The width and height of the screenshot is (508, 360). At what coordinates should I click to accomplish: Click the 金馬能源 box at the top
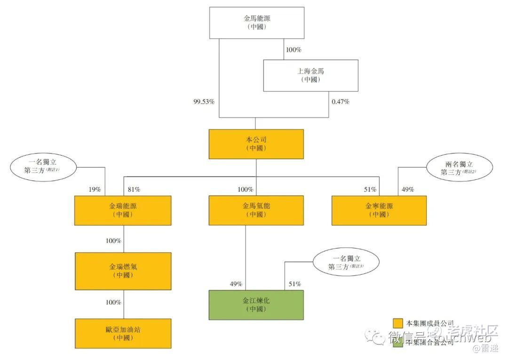tap(256, 23)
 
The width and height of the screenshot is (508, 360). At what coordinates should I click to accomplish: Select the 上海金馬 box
tap(310, 75)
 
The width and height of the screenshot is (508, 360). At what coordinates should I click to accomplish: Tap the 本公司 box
tap(256, 144)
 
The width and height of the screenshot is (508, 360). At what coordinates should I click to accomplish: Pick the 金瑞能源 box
tap(122, 210)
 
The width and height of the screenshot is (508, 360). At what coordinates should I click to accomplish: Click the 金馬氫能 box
tap(256, 210)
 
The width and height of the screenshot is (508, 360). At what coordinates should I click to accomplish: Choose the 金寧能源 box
tap(379, 210)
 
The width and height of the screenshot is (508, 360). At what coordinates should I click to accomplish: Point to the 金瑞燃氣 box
tap(122, 271)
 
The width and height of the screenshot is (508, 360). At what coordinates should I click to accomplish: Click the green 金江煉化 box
tap(256, 304)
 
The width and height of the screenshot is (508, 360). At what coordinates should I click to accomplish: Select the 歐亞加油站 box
tap(122, 333)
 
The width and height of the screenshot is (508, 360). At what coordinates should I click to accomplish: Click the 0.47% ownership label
tap(341, 102)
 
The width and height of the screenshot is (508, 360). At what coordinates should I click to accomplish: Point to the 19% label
tap(95, 189)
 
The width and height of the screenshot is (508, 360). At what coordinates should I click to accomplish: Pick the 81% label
tap(134, 189)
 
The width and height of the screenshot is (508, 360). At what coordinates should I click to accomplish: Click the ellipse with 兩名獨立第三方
tap(459, 168)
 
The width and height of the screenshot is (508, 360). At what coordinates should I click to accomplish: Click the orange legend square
tap(398, 323)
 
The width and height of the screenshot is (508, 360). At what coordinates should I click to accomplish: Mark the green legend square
tap(398, 342)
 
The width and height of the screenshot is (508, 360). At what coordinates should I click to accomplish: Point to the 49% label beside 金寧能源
tap(407, 189)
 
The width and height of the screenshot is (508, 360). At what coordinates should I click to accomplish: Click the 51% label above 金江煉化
tap(294, 284)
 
